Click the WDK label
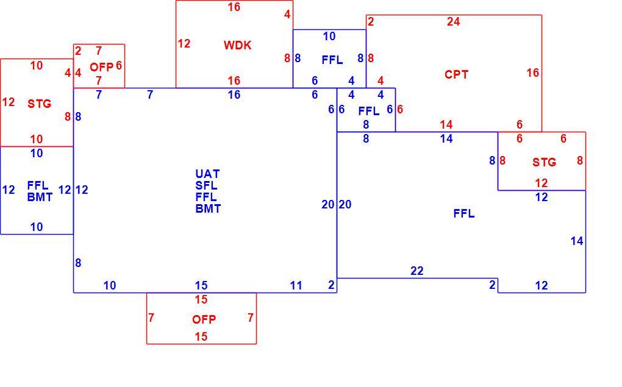click(237, 45)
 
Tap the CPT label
click(456, 74)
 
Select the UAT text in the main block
click(207, 174)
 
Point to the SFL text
click(206, 185)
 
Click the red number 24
click(454, 21)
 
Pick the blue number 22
click(417, 271)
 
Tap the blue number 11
click(296, 285)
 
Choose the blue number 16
click(234, 94)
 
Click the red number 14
click(446, 124)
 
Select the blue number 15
click(201, 285)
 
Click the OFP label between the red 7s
click(204, 319)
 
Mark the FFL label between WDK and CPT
click(332, 60)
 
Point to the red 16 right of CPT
click(533, 73)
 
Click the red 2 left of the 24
click(371, 21)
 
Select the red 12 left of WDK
click(184, 44)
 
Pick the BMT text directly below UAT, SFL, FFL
click(208, 208)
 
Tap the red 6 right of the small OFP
click(119, 65)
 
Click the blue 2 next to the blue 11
click(331, 285)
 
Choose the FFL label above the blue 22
click(463, 214)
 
